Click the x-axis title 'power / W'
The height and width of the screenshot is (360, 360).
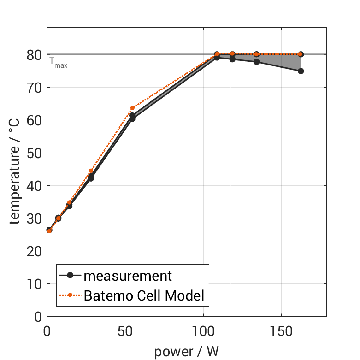pyautogui.click(x=186, y=351)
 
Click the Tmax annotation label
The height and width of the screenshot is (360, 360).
pyautogui.click(x=58, y=64)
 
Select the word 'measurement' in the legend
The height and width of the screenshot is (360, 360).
pyautogui.click(x=128, y=276)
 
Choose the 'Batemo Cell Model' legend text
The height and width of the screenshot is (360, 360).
pyautogui.click(x=144, y=295)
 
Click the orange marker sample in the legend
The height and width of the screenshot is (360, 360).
pyautogui.click(x=70, y=295)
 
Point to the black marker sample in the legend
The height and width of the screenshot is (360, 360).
pyautogui.click(x=70, y=276)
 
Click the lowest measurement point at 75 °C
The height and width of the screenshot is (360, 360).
pyautogui.click(x=301, y=71)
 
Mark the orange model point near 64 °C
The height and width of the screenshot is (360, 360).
pyautogui.click(x=132, y=108)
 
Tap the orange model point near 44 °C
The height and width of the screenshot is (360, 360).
pyautogui.click(x=91, y=171)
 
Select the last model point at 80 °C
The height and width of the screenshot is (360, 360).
pyautogui.click(x=301, y=54)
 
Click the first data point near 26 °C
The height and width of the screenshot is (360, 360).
pyautogui.click(x=49, y=230)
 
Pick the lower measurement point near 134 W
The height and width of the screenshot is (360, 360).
pyautogui.click(x=256, y=62)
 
